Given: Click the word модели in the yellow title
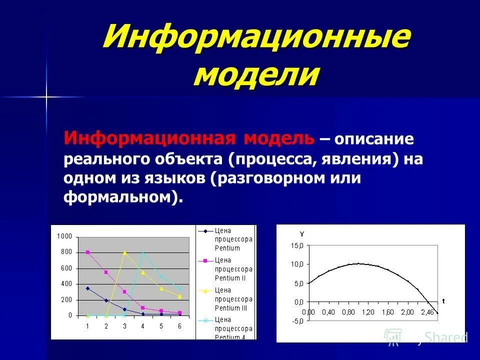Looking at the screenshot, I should (256, 75).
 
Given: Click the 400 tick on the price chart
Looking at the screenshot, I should (66, 284).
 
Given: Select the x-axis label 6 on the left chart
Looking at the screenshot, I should (180, 326).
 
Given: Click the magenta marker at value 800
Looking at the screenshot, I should (87, 252).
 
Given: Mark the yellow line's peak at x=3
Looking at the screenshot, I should (124, 252).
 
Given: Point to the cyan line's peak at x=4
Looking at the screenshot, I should (143, 252).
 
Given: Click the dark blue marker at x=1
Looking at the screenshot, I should (87, 288).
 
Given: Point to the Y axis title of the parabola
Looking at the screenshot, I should (301, 234).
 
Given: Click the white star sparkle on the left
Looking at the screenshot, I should (46, 96).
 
